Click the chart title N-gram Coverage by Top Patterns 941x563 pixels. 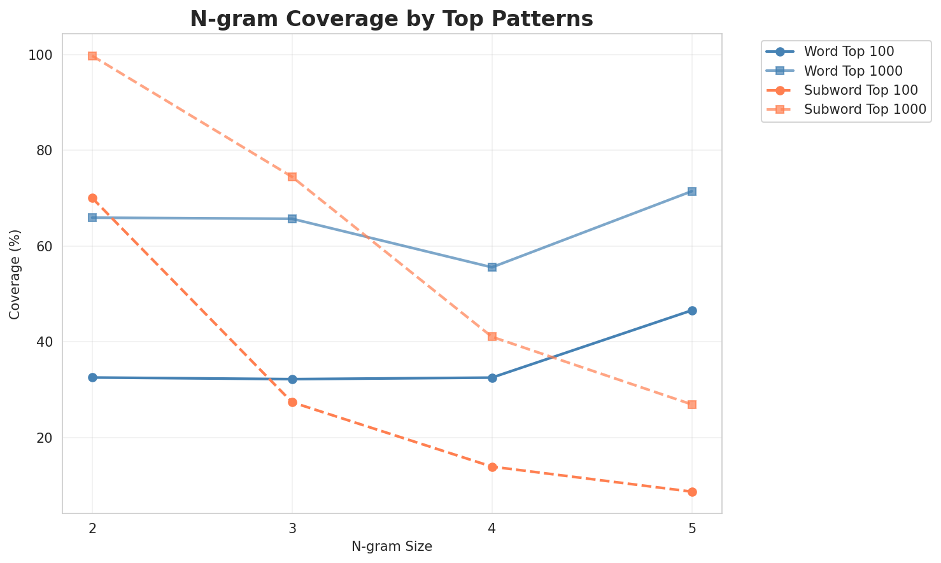tap(392, 19)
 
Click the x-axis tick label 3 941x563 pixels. tap(292, 528)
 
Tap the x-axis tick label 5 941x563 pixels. tap(692, 528)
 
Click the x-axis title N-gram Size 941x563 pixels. tap(392, 546)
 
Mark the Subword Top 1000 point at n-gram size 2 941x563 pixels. tap(92, 56)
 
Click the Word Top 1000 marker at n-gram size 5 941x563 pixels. tap(692, 191)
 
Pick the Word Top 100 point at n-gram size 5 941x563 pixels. tap(692, 310)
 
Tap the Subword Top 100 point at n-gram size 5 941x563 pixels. tap(692, 492)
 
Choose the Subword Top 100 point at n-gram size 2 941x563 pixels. tap(92, 198)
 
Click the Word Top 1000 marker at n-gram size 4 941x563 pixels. tap(492, 267)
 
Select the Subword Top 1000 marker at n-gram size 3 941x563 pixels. tap(292, 177)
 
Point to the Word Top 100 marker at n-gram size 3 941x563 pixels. tap(292, 379)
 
